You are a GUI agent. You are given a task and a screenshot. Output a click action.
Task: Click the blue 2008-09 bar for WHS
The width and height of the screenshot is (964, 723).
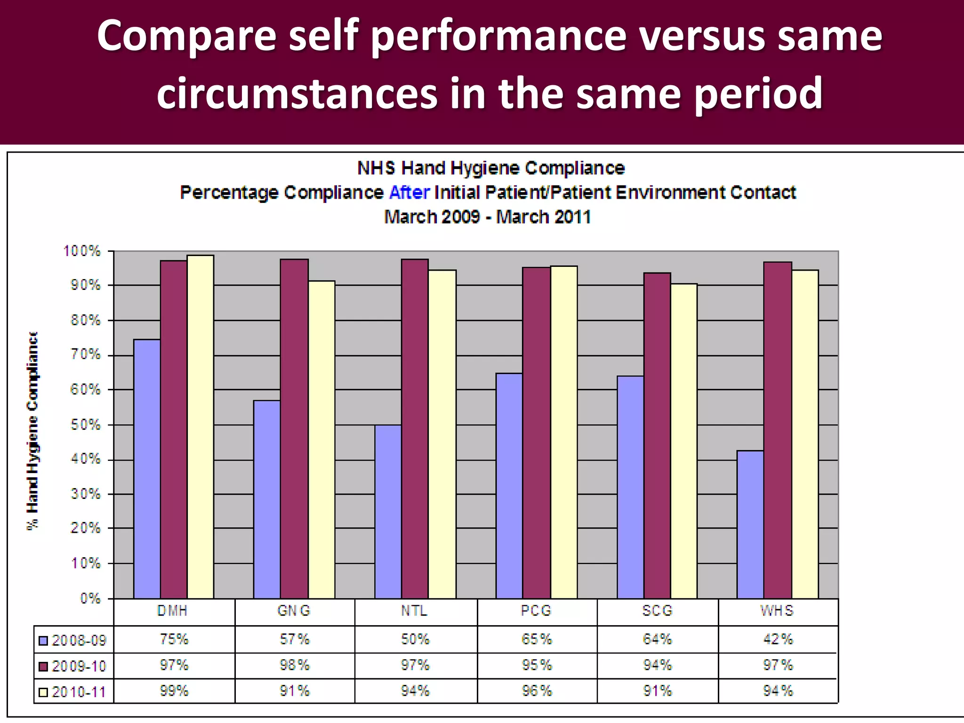(x=750, y=524)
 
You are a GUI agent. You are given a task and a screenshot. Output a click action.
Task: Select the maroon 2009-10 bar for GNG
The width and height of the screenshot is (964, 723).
(x=294, y=428)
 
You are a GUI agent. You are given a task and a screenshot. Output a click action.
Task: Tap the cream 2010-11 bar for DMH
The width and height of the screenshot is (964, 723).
(x=201, y=426)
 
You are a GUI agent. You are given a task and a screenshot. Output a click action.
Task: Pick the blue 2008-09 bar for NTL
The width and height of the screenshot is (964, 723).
(x=388, y=512)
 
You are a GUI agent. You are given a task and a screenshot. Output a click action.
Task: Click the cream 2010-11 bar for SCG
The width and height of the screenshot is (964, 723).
(x=684, y=441)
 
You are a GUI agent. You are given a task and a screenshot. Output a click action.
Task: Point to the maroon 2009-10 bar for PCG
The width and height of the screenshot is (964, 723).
(x=536, y=433)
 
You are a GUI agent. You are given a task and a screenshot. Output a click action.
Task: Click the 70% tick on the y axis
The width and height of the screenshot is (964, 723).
(x=85, y=354)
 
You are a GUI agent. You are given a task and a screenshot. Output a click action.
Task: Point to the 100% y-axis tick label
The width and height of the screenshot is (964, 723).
(x=82, y=251)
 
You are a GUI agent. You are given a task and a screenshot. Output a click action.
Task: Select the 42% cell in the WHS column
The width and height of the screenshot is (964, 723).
(x=778, y=639)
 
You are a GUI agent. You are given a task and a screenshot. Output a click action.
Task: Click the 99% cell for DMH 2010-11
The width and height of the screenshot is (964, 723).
(x=174, y=691)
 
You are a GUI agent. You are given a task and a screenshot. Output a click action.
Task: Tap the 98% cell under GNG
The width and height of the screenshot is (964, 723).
(x=295, y=665)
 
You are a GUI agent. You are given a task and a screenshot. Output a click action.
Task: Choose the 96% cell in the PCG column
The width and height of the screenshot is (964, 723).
(x=537, y=691)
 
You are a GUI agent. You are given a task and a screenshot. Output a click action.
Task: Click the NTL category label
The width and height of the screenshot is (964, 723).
(x=415, y=611)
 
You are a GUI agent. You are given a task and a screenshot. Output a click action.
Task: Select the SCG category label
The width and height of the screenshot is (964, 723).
(x=657, y=611)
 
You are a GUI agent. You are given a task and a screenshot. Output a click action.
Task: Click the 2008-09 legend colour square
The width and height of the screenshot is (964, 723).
(x=44, y=641)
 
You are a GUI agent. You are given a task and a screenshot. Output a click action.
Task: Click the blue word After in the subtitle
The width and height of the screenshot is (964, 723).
(x=410, y=193)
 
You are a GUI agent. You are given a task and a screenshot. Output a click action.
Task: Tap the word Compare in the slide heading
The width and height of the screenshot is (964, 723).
(x=186, y=36)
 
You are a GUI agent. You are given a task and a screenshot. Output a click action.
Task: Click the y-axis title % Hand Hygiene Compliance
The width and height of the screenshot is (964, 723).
(x=32, y=431)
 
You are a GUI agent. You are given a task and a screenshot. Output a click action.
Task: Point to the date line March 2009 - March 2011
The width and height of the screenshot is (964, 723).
(x=487, y=217)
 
